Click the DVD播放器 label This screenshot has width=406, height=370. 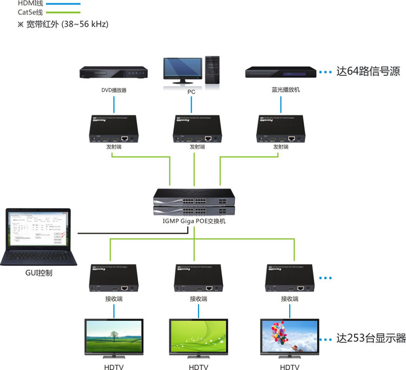(114, 90)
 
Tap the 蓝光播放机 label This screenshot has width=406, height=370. (280, 90)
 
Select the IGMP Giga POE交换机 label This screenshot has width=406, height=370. (195, 222)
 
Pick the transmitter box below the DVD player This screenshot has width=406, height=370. (112, 130)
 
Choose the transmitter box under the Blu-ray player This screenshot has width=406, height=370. (279, 130)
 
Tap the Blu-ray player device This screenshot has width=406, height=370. (279, 73)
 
